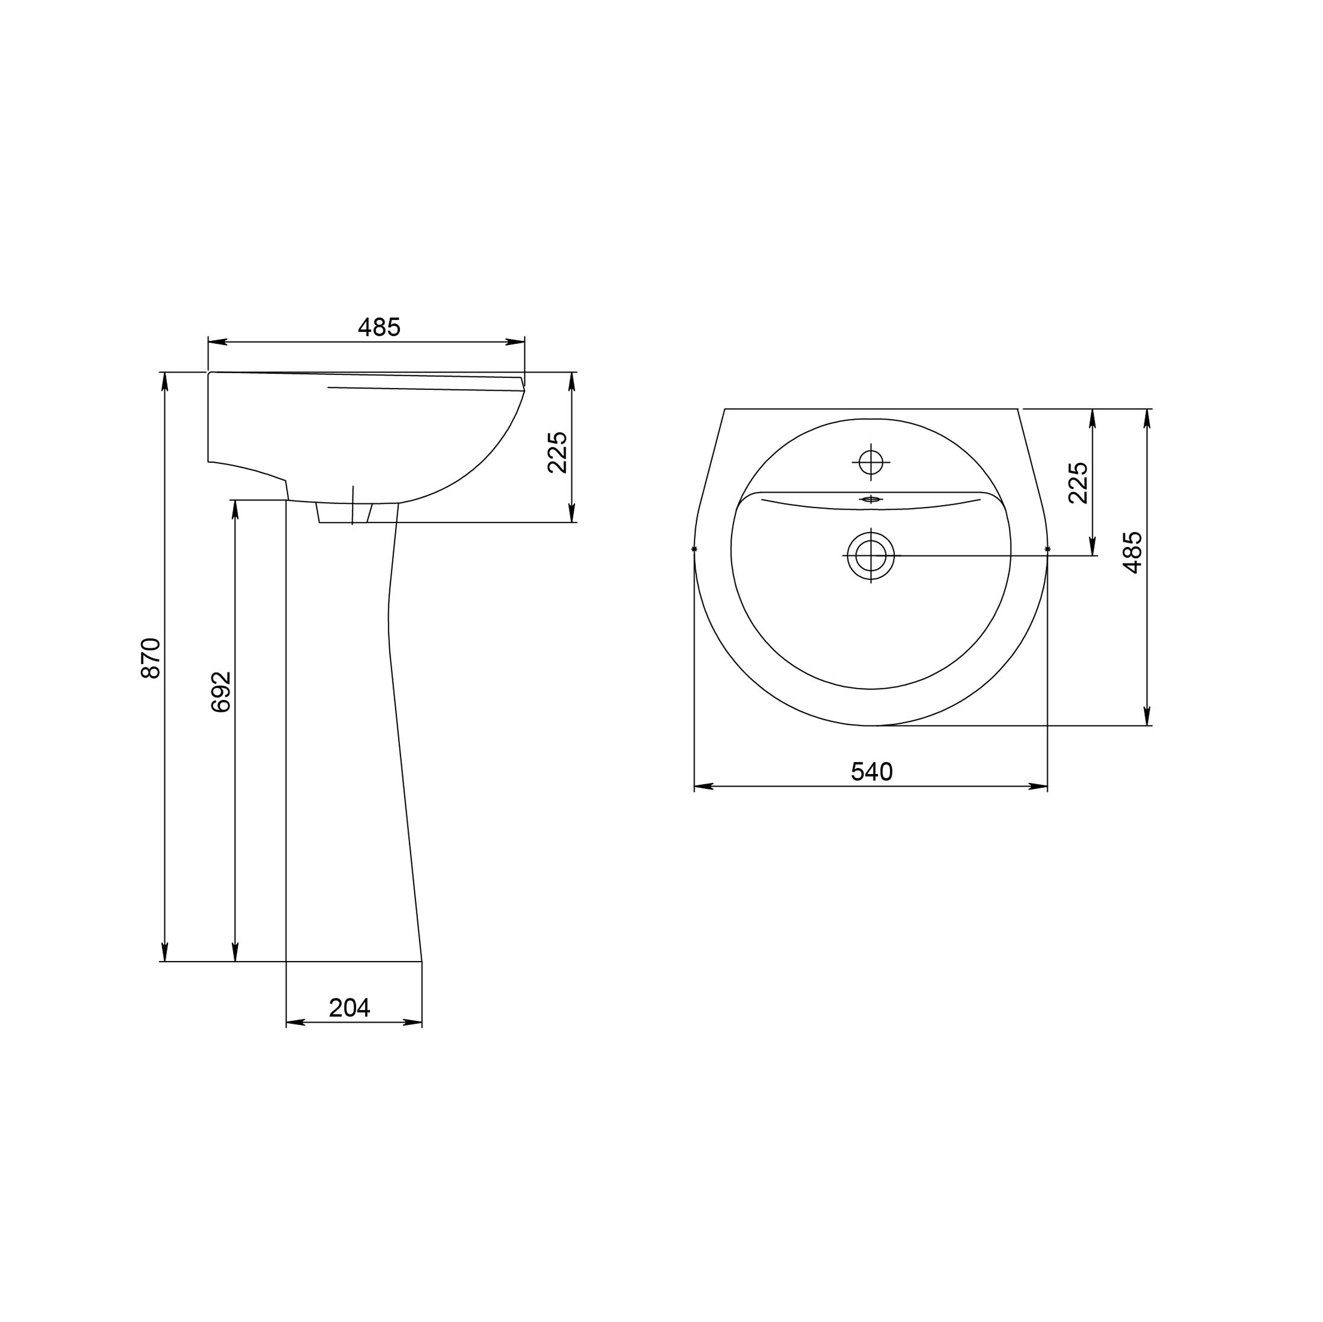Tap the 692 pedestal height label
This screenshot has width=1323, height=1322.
coord(221,692)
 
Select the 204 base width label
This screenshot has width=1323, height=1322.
coord(349,1008)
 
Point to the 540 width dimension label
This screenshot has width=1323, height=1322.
coord(872,771)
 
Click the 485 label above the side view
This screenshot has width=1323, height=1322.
coord(379,327)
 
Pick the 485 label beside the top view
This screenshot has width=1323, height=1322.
coord(1133,552)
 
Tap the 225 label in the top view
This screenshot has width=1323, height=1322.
coord(1078,482)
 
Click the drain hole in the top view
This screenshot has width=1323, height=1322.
coord(871,555)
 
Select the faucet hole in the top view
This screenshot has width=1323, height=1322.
coord(871,463)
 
